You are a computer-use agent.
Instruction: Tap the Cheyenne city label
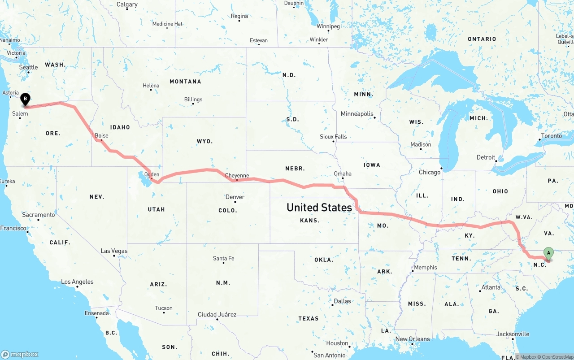[x=237, y=175]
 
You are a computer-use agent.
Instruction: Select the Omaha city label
[x=343, y=173]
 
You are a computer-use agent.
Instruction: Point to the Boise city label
[x=101, y=135]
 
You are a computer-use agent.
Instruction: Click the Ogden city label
[x=152, y=174]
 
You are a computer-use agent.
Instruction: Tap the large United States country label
[x=319, y=207]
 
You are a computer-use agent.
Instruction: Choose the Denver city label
[x=235, y=197]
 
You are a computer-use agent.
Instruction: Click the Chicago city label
[x=430, y=172]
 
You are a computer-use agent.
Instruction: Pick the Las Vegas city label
[x=114, y=251]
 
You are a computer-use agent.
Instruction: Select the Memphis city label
[x=425, y=267]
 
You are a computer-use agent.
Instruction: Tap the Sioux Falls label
[x=333, y=136]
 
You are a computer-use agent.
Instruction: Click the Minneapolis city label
[x=357, y=114]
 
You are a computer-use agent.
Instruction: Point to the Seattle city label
[x=29, y=67]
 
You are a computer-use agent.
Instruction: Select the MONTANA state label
[x=185, y=82]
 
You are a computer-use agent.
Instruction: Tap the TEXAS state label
[x=308, y=318]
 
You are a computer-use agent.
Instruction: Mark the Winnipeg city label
[x=328, y=26]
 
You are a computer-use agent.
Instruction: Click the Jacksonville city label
[x=513, y=334]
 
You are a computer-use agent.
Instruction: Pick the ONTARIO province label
[x=482, y=39]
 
